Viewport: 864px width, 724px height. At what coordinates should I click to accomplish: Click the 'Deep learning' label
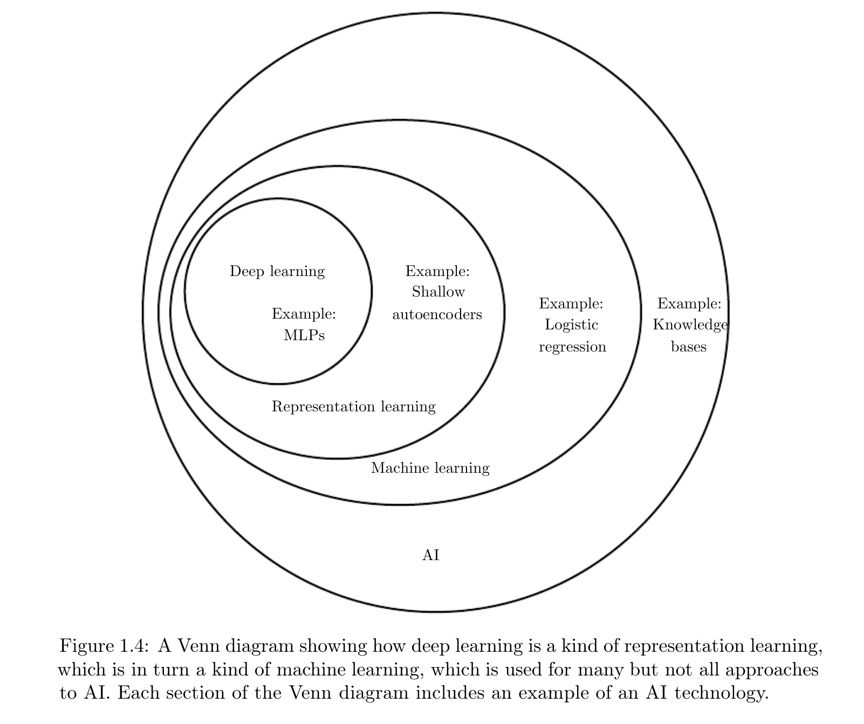pos(277,271)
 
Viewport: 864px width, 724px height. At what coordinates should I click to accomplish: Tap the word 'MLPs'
pos(304,335)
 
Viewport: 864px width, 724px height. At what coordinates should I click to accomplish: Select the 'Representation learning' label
pos(353,406)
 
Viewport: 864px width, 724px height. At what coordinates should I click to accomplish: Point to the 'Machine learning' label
pos(430,468)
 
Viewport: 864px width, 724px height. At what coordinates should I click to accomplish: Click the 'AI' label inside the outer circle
pos(430,555)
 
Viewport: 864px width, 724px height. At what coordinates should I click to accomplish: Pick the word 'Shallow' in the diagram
pos(438,292)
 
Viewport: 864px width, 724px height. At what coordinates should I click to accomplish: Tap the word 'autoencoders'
pos(437,314)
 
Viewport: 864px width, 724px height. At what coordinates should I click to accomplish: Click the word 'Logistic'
pos(572,325)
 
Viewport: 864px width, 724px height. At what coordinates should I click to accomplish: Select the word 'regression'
pos(572,347)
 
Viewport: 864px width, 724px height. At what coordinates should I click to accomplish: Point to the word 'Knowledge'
pos(690,325)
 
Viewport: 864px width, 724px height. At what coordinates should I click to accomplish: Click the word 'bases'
pos(689,347)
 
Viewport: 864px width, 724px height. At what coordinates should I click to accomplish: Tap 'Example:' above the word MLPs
pos(304,314)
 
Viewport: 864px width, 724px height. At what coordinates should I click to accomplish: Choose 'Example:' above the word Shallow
pos(437,271)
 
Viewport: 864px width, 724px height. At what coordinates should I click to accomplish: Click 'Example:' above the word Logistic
pos(571,304)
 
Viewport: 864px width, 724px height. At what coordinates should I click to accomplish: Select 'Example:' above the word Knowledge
pos(689,304)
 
